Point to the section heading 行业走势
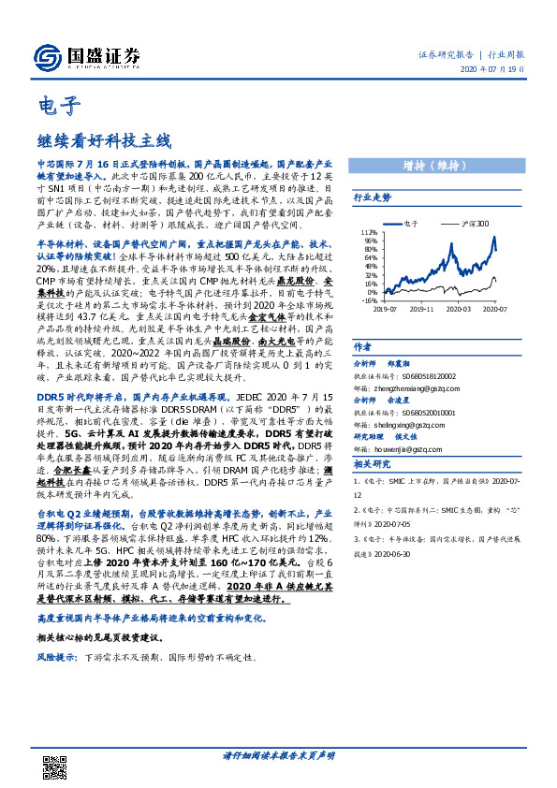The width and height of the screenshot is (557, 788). tap(372, 198)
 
